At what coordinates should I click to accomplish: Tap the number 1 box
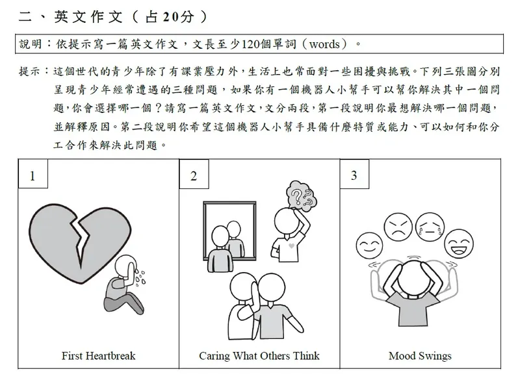tap(33, 174)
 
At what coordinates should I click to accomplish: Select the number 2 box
tap(194, 174)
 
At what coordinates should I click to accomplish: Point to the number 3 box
tap(354, 174)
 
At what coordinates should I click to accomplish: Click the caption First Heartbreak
tap(99, 356)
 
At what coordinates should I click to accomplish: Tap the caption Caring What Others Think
tap(259, 356)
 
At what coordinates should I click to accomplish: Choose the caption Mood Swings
tap(420, 356)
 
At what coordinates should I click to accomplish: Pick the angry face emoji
tap(398, 227)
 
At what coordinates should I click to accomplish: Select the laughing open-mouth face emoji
tap(459, 244)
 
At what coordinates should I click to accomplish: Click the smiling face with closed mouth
tap(369, 246)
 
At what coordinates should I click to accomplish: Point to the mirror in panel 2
tap(229, 231)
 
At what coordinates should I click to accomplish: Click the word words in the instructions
tap(324, 44)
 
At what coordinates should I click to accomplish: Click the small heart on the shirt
tap(291, 246)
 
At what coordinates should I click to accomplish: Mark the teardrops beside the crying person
tap(140, 278)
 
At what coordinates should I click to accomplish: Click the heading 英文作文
tap(88, 17)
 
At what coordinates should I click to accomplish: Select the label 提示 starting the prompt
tap(29, 71)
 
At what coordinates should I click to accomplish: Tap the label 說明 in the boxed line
tap(31, 44)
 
